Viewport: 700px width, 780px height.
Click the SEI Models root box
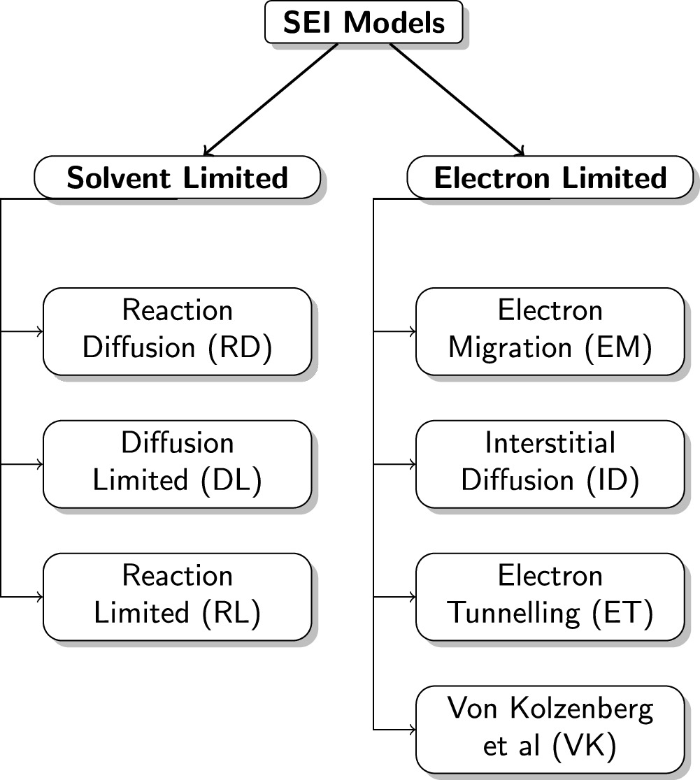pos(364,22)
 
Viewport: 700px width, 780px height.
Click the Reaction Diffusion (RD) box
pos(177,331)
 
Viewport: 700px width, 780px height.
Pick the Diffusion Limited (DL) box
pos(177,463)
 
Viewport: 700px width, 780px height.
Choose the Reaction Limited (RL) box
pos(177,596)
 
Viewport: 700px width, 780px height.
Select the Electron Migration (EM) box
pos(550,331)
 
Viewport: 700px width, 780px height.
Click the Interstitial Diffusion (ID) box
pos(550,463)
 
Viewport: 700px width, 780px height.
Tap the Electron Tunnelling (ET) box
pos(550,596)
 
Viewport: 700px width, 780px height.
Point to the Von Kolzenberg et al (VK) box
pos(550,729)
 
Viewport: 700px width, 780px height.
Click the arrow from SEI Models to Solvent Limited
pos(271,98)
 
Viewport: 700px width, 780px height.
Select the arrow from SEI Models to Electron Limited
pos(456,98)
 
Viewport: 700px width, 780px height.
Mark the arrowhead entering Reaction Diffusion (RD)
pos(39,331)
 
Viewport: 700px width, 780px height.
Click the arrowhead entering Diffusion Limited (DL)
pos(39,464)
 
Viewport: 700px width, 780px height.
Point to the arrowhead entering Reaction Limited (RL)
pos(39,597)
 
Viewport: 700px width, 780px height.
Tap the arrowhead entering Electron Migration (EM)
pos(412,331)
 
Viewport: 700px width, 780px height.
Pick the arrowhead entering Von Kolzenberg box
pos(412,730)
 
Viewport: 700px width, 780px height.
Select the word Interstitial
pos(550,444)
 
